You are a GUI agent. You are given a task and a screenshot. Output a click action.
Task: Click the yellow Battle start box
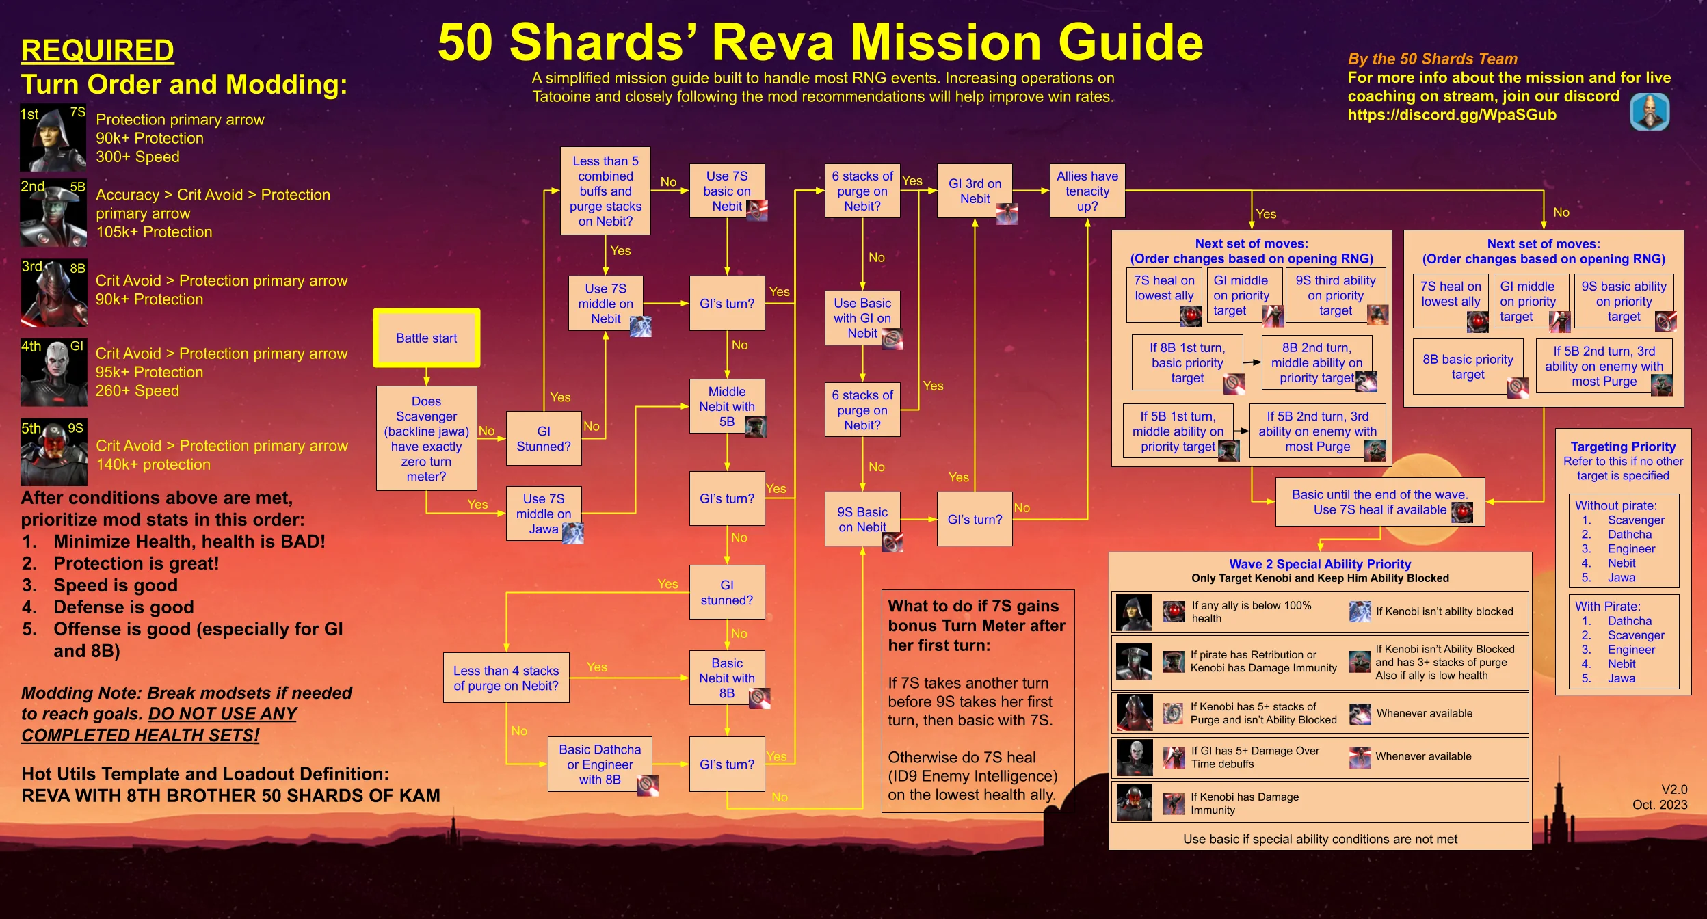pyautogui.click(x=426, y=338)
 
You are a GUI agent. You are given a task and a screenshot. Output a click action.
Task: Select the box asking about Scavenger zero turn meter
pyautogui.click(x=426, y=438)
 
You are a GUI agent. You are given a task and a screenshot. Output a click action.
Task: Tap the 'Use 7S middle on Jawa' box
pyautogui.click(x=544, y=514)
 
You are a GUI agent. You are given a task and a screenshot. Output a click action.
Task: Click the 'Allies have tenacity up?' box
pyautogui.click(x=1087, y=191)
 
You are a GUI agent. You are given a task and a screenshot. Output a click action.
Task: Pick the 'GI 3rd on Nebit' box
pyautogui.click(x=975, y=191)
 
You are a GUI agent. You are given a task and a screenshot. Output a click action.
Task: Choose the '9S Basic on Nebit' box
pyautogui.click(x=862, y=519)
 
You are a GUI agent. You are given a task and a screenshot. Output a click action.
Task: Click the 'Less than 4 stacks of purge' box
pyautogui.click(x=506, y=678)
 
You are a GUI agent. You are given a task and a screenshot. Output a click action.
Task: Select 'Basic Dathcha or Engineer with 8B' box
pyautogui.click(x=600, y=764)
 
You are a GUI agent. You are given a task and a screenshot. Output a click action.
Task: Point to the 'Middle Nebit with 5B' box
pyautogui.click(x=727, y=406)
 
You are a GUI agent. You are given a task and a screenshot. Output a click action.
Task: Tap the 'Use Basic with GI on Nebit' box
pyautogui.click(x=862, y=318)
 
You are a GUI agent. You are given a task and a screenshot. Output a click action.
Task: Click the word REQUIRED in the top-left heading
pyautogui.click(x=97, y=50)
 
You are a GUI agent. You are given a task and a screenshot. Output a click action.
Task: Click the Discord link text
pyautogui.click(x=1452, y=115)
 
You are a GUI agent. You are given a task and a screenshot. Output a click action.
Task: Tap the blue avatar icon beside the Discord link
pyautogui.click(x=1650, y=111)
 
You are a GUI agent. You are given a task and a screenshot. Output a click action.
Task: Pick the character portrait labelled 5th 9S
pyautogui.click(x=53, y=452)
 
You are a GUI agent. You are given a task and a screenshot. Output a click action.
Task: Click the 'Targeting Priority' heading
pyautogui.click(x=1623, y=447)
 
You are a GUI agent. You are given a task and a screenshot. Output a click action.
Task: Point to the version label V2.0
pyautogui.click(x=1674, y=789)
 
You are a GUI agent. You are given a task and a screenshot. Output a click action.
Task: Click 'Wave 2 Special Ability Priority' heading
pyautogui.click(x=1320, y=564)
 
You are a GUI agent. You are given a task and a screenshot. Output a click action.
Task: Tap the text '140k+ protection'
pyautogui.click(x=153, y=464)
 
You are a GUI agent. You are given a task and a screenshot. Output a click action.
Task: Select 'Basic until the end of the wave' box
pyautogui.click(x=1380, y=502)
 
